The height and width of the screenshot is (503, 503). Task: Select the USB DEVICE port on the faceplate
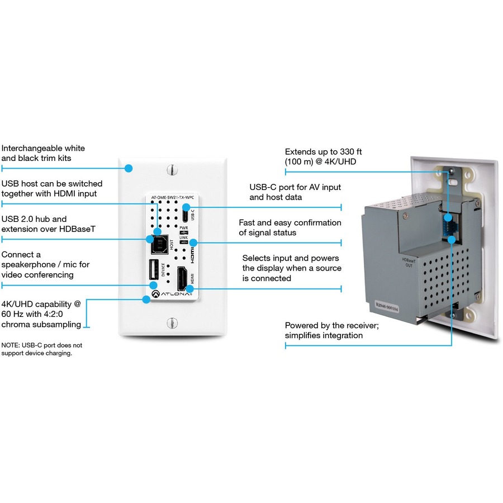click(x=153, y=271)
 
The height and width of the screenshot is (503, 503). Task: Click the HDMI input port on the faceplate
click(x=183, y=277)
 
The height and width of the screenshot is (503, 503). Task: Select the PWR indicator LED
click(x=183, y=232)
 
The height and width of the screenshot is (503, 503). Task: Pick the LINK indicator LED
click(x=183, y=242)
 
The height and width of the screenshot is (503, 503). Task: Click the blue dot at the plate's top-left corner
click(x=129, y=168)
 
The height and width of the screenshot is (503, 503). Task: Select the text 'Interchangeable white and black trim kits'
click(x=43, y=153)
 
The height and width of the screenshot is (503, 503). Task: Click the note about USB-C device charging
click(x=41, y=349)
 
